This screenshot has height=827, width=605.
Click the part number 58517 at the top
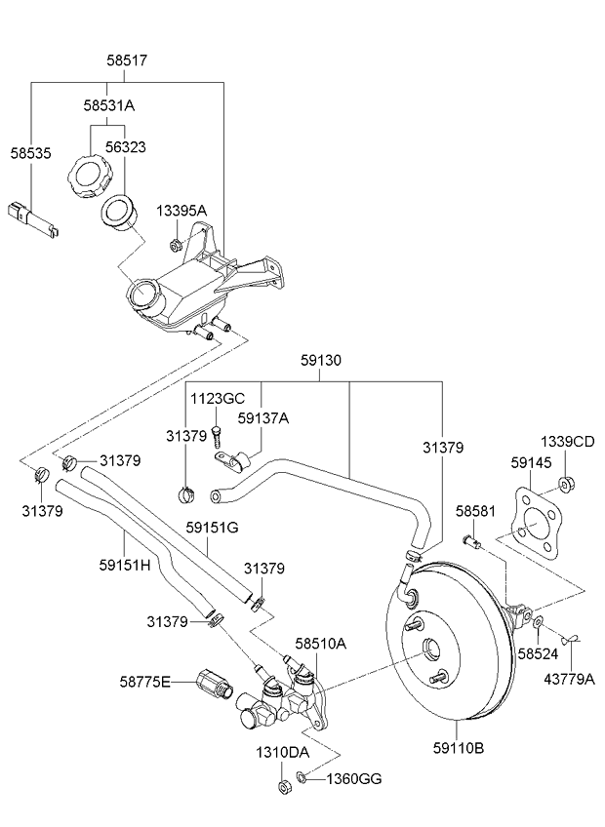click(x=127, y=60)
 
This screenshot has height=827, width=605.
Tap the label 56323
click(x=125, y=147)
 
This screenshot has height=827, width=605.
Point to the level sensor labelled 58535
click(x=34, y=219)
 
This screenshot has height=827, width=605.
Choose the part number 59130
click(x=321, y=361)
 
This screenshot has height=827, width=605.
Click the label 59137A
click(x=262, y=418)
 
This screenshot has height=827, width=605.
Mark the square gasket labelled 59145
click(x=536, y=523)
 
